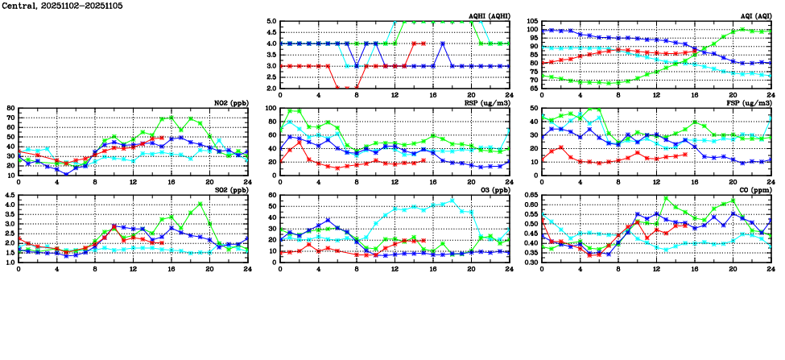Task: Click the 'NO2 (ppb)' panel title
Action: click(230, 103)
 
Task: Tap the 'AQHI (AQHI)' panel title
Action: click(486, 16)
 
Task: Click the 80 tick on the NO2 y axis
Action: click(10, 108)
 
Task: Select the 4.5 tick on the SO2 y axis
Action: click(9, 195)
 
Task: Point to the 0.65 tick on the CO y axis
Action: click(530, 195)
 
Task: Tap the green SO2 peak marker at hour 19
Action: click(200, 204)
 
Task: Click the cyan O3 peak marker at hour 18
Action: click(452, 201)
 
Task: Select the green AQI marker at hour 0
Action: click(542, 76)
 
